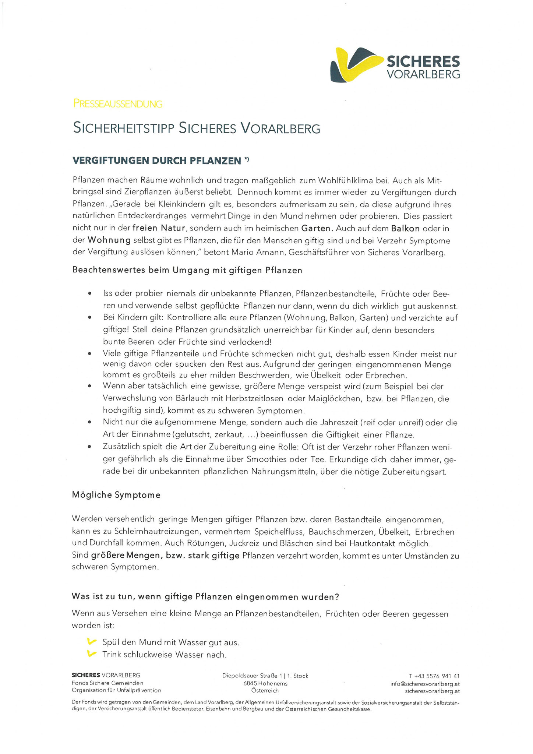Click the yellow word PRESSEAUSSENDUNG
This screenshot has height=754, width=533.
[118, 104]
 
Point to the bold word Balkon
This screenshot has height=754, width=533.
[405, 228]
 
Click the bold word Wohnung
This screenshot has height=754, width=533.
[109, 240]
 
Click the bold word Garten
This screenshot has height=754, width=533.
[317, 228]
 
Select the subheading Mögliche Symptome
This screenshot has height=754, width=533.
[116, 495]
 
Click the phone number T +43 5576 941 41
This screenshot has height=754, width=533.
[434, 676]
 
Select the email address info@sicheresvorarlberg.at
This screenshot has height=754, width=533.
[425, 684]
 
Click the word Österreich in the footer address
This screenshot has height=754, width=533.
[265, 691]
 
